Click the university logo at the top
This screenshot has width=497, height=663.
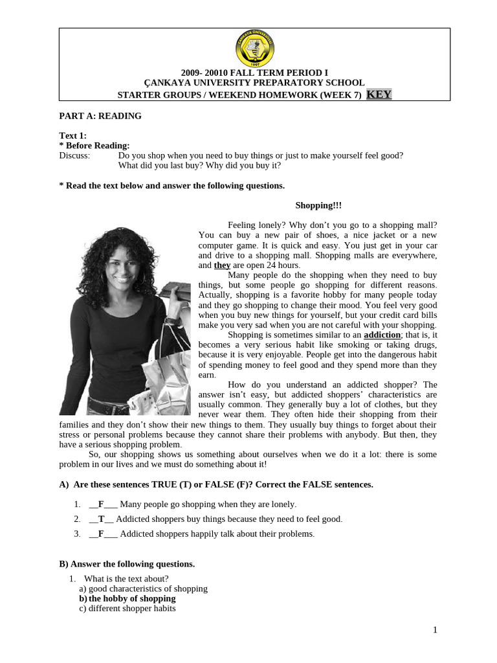pyautogui.click(x=254, y=51)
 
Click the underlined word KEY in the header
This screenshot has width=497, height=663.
pyautogui.click(x=379, y=95)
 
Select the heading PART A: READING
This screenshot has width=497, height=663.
pyautogui.click(x=100, y=116)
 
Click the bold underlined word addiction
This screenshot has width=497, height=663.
pyautogui.click(x=382, y=335)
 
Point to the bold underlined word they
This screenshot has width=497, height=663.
pyautogui.click(x=222, y=265)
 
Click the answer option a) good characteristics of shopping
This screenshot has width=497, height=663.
pyautogui.click(x=143, y=589)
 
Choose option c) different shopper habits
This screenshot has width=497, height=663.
pyautogui.click(x=127, y=609)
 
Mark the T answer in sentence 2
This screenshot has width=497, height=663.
pyautogui.click(x=102, y=519)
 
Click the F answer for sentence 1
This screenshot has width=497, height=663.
pyautogui.click(x=102, y=504)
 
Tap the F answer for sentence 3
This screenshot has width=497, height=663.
pyautogui.click(x=102, y=534)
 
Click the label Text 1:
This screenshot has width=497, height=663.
pyautogui.click(x=72, y=136)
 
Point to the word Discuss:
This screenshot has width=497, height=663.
pyautogui.click(x=74, y=155)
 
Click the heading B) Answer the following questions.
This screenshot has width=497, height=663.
pyautogui.click(x=127, y=564)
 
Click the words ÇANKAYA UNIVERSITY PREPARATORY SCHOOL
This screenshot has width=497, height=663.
pyautogui.click(x=254, y=83)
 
